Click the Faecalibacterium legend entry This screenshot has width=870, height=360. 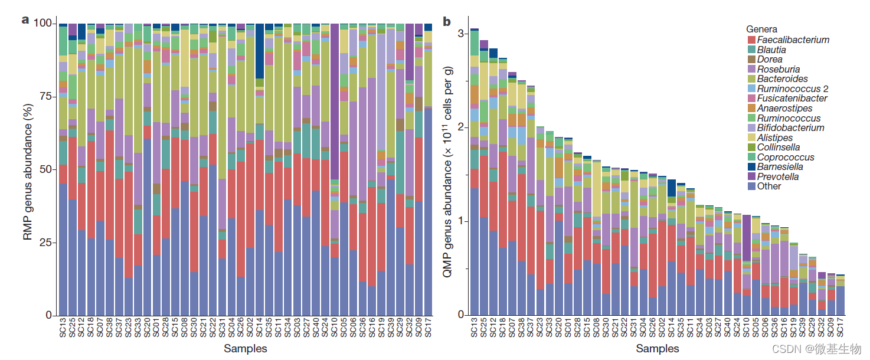point(793,40)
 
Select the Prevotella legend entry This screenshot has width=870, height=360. point(777,176)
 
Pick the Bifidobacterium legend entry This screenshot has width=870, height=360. point(791,127)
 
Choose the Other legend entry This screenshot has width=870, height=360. point(769,186)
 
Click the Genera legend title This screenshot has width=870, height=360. point(761,29)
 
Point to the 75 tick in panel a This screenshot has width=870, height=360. point(46,96)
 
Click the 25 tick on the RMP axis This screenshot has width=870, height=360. point(46,243)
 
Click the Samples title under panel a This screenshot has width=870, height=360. point(245,348)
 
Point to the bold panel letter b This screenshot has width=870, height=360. point(446,22)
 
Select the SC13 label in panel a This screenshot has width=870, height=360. point(63,328)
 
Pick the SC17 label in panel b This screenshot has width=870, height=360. point(840,328)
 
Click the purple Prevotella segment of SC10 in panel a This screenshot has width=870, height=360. point(335,100)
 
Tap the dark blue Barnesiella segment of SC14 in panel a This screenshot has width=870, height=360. point(259,51)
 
